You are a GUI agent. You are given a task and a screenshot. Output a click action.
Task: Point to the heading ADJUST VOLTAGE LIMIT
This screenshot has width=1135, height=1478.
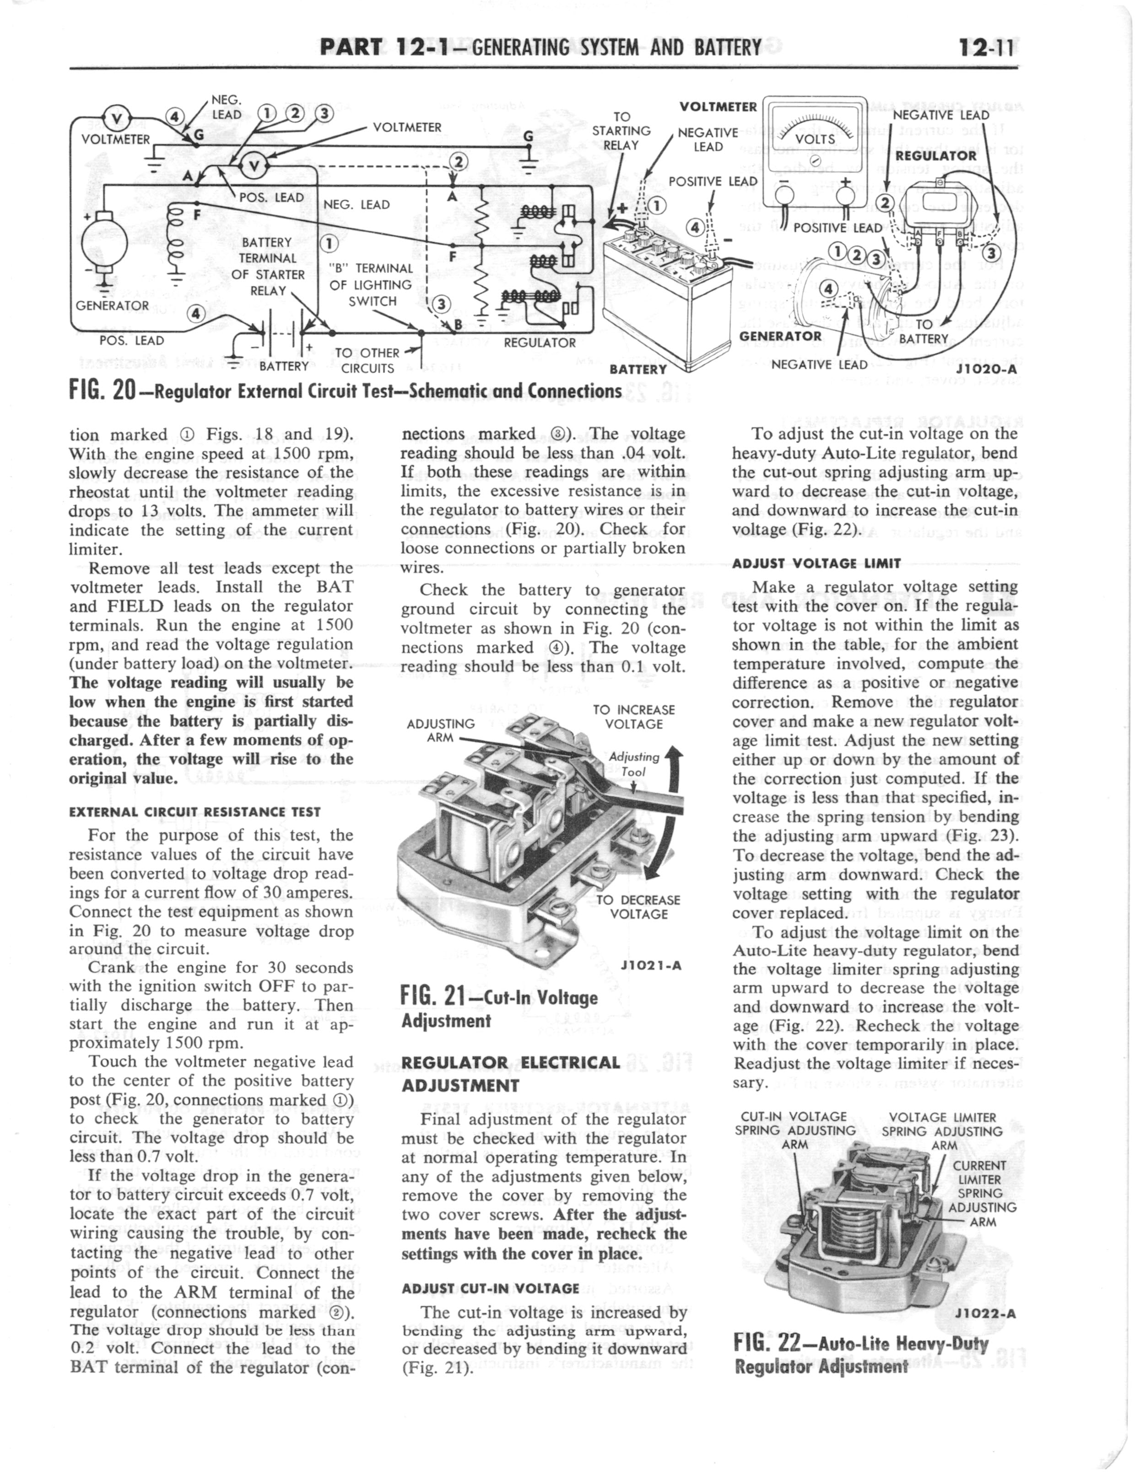tap(816, 563)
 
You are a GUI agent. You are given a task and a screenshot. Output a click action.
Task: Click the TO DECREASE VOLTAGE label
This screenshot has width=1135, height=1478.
tap(638, 906)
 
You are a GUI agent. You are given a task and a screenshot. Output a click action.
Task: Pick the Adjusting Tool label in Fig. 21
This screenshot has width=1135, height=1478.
tap(634, 764)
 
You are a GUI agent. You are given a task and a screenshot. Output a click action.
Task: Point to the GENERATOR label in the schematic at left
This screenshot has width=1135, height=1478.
tap(112, 305)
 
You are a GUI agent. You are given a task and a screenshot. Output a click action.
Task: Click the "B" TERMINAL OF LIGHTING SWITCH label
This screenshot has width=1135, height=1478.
tap(371, 284)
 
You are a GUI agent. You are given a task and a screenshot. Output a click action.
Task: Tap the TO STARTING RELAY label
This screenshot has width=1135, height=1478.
tap(621, 130)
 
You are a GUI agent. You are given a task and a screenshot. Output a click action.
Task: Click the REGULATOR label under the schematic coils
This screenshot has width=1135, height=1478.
tap(539, 342)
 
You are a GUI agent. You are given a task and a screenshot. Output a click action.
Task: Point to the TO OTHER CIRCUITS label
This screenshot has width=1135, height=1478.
tap(367, 360)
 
